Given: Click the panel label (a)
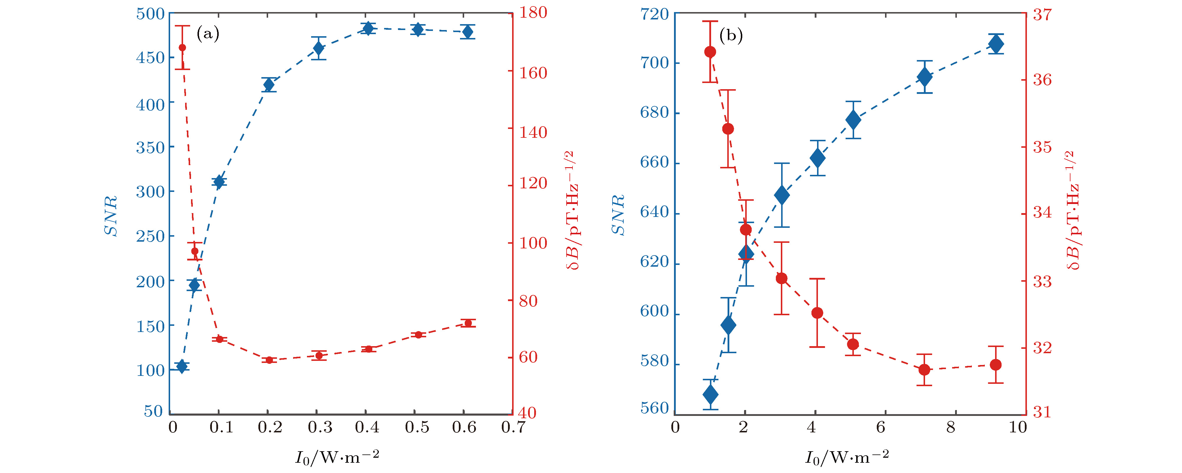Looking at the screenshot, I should pos(208,34).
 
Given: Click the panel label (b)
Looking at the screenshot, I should pos(731,35).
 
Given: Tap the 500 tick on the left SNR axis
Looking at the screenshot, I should pos(150,14).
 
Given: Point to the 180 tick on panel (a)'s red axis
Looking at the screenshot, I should pos(533,12).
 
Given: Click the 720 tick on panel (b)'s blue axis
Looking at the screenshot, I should pos(654,14).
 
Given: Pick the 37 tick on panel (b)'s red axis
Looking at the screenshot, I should pos(1042,14).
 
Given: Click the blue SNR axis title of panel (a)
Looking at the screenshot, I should pos(111,216).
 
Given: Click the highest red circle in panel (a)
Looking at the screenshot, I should pos(182,48).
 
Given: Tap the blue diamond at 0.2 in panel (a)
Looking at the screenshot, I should pos(269,85).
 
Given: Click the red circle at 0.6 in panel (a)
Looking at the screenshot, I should pos(468,323).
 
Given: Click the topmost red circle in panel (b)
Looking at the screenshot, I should pos(710,52).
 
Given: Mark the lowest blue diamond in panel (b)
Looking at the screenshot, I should pos(710,394).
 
